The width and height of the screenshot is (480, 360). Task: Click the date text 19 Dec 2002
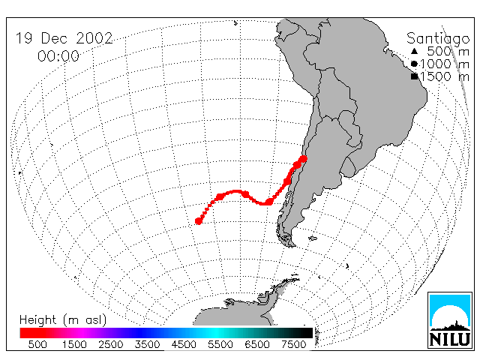coord(64,38)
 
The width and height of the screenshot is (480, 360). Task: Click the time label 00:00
coord(58,56)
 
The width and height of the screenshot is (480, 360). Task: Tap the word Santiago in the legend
coord(438,39)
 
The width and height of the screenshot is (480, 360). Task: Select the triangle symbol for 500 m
coord(414,51)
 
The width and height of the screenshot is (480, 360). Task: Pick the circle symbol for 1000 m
coord(414,64)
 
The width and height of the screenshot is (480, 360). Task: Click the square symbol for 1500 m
coord(414,76)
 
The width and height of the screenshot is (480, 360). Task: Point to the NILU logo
coord(450,320)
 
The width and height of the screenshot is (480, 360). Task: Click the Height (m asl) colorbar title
coord(63,320)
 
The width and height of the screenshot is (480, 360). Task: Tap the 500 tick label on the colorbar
coord(37,344)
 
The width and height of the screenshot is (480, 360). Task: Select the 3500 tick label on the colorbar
coord(147,344)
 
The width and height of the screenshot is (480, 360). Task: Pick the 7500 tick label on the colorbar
coord(293,344)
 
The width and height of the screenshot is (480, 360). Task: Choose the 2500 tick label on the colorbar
coord(111,344)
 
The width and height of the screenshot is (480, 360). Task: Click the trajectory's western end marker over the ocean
coord(198,221)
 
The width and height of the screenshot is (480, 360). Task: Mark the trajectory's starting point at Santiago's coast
coord(303,159)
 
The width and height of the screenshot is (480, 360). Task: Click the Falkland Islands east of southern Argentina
coord(313,238)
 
